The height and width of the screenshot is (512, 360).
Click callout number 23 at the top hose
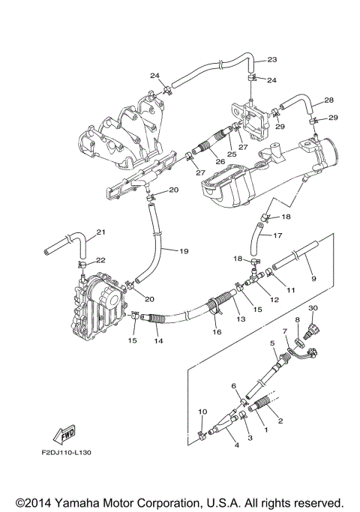271,59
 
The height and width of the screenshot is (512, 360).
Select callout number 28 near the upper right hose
328,100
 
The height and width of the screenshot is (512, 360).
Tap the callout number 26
199,160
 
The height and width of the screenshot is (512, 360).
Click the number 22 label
101,259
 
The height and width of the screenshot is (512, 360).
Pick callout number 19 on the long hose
184,251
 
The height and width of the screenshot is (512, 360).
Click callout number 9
313,278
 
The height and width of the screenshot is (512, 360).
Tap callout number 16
217,331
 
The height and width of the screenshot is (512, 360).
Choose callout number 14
158,340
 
